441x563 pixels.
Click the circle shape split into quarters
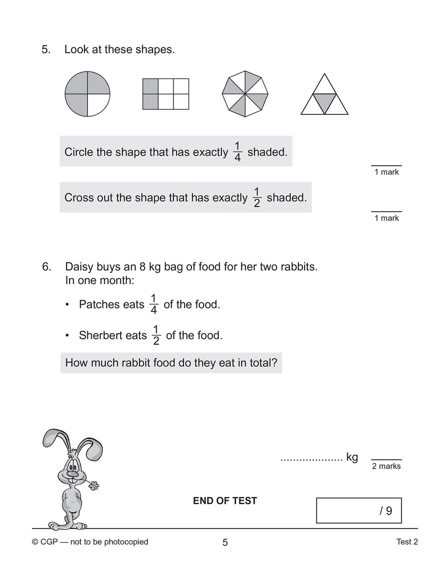[x=87, y=94]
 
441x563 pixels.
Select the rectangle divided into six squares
[x=165, y=94]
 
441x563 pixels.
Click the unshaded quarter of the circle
[x=98, y=105]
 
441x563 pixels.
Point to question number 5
[x=46, y=50]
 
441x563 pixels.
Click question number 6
[x=47, y=267]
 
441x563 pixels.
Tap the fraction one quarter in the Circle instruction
[x=237, y=152]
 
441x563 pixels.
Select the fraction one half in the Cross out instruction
[x=257, y=197]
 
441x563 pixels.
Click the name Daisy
[x=79, y=267]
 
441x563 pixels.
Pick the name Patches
[x=100, y=305]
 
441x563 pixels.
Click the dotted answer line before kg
[x=312, y=459]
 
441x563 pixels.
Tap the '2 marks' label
[x=386, y=466]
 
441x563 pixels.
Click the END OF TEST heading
[x=225, y=501]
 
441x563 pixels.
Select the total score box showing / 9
[x=359, y=510]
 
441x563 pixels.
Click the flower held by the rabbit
[x=94, y=486]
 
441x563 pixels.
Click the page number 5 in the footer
[x=225, y=542]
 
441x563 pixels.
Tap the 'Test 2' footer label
[x=407, y=542]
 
